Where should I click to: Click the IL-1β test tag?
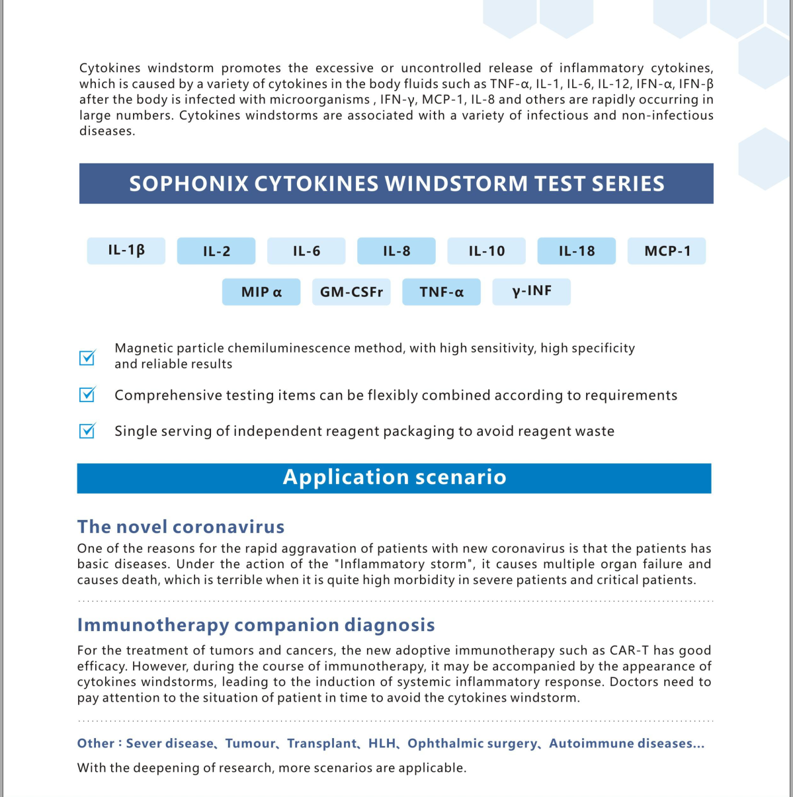126,251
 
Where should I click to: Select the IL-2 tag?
216,251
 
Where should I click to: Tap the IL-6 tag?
306,251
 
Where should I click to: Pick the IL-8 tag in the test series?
396,251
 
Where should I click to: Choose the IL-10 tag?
486,251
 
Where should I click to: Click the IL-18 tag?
576,251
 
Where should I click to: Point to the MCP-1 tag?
667,251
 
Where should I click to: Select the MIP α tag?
261,292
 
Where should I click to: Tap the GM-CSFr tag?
351,292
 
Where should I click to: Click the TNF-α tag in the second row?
441,292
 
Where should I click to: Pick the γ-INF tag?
531,291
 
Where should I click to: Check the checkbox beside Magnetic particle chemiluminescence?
87,357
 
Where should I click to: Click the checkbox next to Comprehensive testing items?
87,394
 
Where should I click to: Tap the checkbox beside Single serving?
87,431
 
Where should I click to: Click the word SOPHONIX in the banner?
188,184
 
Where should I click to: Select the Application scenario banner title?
394,478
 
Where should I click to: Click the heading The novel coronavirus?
181,526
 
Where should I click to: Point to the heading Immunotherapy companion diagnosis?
256,625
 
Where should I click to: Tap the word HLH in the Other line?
382,743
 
